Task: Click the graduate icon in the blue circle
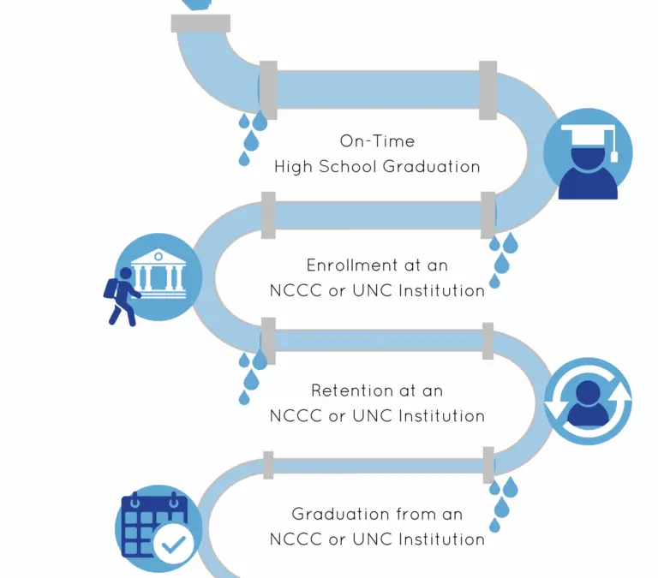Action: (588, 154)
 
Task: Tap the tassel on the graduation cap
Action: (613, 147)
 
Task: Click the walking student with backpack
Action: (121, 295)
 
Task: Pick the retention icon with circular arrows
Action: (588, 401)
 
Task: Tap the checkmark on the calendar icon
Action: (175, 545)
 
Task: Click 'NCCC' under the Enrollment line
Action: (296, 290)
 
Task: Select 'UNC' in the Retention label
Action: (371, 416)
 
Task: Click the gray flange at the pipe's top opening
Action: (200, 23)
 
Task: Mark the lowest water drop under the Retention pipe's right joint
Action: (495, 524)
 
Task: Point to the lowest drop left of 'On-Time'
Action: (244, 158)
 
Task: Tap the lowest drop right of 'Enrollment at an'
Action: (495, 281)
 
